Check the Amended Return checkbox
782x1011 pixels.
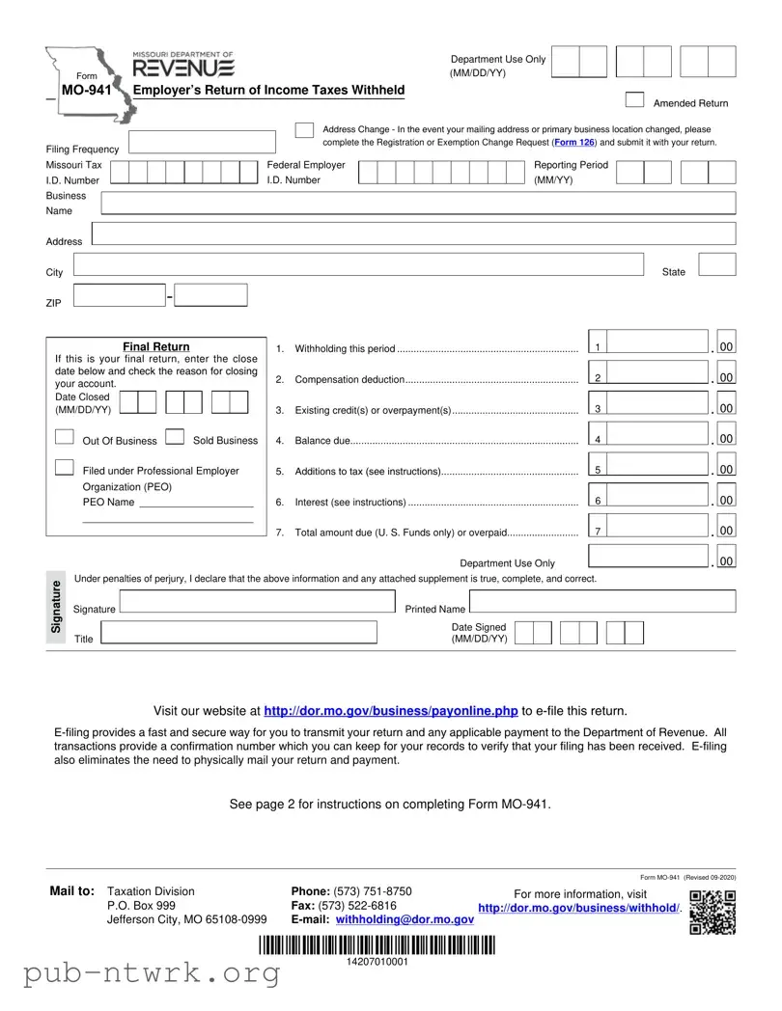click(634, 99)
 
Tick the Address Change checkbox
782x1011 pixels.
click(304, 130)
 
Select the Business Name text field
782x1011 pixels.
click(418, 203)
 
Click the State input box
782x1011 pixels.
click(716, 265)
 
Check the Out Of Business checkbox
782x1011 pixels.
click(65, 437)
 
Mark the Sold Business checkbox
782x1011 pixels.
click(175, 437)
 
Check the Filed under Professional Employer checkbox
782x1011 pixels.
click(65, 468)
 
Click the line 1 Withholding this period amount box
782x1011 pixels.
click(659, 342)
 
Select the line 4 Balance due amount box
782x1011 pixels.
click(659, 435)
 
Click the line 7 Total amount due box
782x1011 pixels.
click(659, 527)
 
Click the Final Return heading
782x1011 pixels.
click(156, 347)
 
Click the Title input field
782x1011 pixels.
click(238, 633)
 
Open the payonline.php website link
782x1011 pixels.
click(391, 711)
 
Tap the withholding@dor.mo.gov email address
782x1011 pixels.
click(405, 919)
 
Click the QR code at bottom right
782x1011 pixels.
click(712, 912)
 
